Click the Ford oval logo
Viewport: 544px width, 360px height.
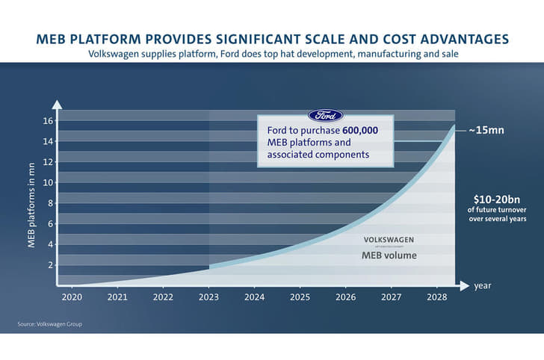(x=325, y=116)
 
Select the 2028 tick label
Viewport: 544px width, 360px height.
(x=438, y=297)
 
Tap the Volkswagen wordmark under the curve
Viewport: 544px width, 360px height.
(x=388, y=239)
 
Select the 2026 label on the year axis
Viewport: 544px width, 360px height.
(x=346, y=297)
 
